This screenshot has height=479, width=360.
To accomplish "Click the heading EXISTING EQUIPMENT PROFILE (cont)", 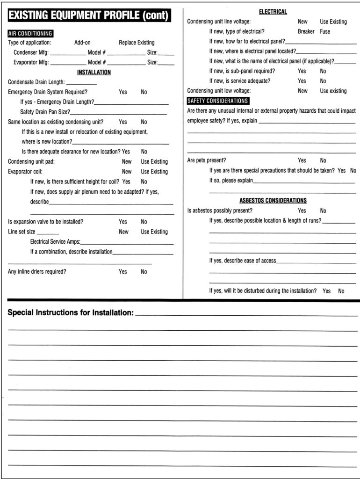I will pyautogui.click(x=89, y=15).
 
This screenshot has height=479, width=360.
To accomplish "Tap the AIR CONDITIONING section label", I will pyautogui.click(x=30, y=34).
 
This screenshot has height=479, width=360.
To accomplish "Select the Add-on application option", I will pyautogui.click(x=82, y=43).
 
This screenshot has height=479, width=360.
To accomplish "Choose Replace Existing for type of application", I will pyautogui.click(x=137, y=43).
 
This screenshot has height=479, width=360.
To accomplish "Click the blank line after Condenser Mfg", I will pyautogui.click(x=68, y=53).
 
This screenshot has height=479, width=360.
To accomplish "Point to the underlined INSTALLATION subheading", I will pyautogui.click(x=94, y=73).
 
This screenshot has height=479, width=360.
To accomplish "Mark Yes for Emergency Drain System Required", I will pyautogui.click(x=122, y=92).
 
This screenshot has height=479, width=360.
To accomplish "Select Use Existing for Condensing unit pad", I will pyautogui.click(x=154, y=162).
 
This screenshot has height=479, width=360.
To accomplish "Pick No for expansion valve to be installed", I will pyautogui.click(x=144, y=222).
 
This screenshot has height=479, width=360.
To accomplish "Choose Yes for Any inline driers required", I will pyautogui.click(x=122, y=272).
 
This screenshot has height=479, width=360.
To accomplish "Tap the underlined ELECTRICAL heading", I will pyautogui.click(x=273, y=12).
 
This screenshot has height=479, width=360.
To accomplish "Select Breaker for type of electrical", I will pyautogui.click(x=306, y=32).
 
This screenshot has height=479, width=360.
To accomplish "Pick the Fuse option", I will pyautogui.click(x=325, y=32).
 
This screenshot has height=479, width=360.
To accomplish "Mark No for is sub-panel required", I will pyautogui.click(x=323, y=71).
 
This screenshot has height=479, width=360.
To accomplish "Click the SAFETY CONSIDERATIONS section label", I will pyautogui.click(x=218, y=101).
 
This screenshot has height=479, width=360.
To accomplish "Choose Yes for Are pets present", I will pyautogui.click(x=302, y=160).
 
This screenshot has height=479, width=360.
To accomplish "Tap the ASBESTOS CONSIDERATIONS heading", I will pyautogui.click(x=273, y=201).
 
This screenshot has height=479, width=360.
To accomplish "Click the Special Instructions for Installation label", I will pyautogui.click(x=71, y=313).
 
